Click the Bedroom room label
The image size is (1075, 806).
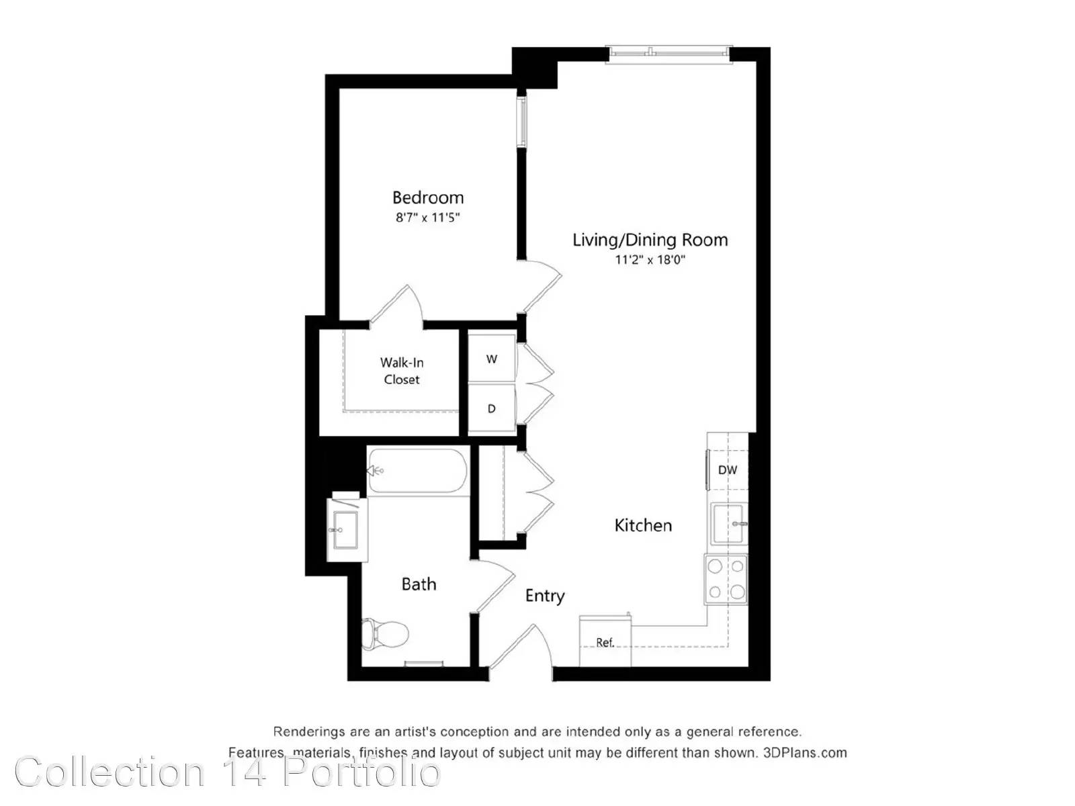pyautogui.click(x=427, y=197)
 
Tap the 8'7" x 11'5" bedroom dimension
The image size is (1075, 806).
pyautogui.click(x=427, y=217)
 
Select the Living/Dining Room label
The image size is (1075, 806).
pyautogui.click(x=650, y=240)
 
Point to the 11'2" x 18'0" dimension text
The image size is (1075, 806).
pyautogui.click(x=650, y=259)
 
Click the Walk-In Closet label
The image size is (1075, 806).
pyautogui.click(x=402, y=371)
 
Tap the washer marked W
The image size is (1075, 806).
pyautogui.click(x=492, y=359)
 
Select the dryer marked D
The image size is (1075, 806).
pyautogui.click(x=492, y=408)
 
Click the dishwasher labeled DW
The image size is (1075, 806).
pyautogui.click(x=727, y=469)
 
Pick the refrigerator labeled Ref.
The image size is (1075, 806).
pyautogui.click(x=605, y=641)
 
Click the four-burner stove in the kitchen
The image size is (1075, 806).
pyautogui.click(x=726, y=579)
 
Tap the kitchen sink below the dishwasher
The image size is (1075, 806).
pyautogui.click(x=730, y=524)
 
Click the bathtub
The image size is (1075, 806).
pyautogui.click(x=418, y=471)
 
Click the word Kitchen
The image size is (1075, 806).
pyautogui.click(x=643, y=526)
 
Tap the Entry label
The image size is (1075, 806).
pyautogui.click(x=545, y=596)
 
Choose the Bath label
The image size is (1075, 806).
pyautogui.click(x=419, y=584)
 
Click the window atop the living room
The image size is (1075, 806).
pyautogui.click(x=669, y=54)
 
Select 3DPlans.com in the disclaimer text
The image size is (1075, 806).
pyautogui.click(x=805, y=752)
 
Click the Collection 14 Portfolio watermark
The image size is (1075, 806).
pyautogui.click(x=228, y=772)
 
